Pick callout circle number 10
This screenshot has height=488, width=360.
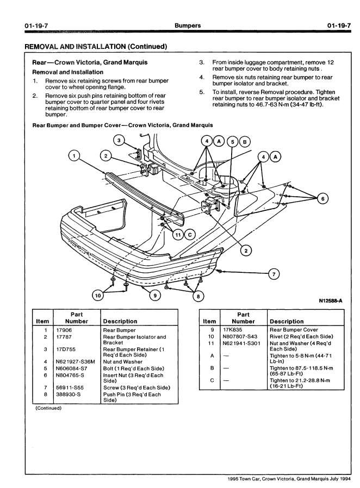point(98,296)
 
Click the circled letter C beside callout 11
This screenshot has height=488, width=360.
point(189,235)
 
